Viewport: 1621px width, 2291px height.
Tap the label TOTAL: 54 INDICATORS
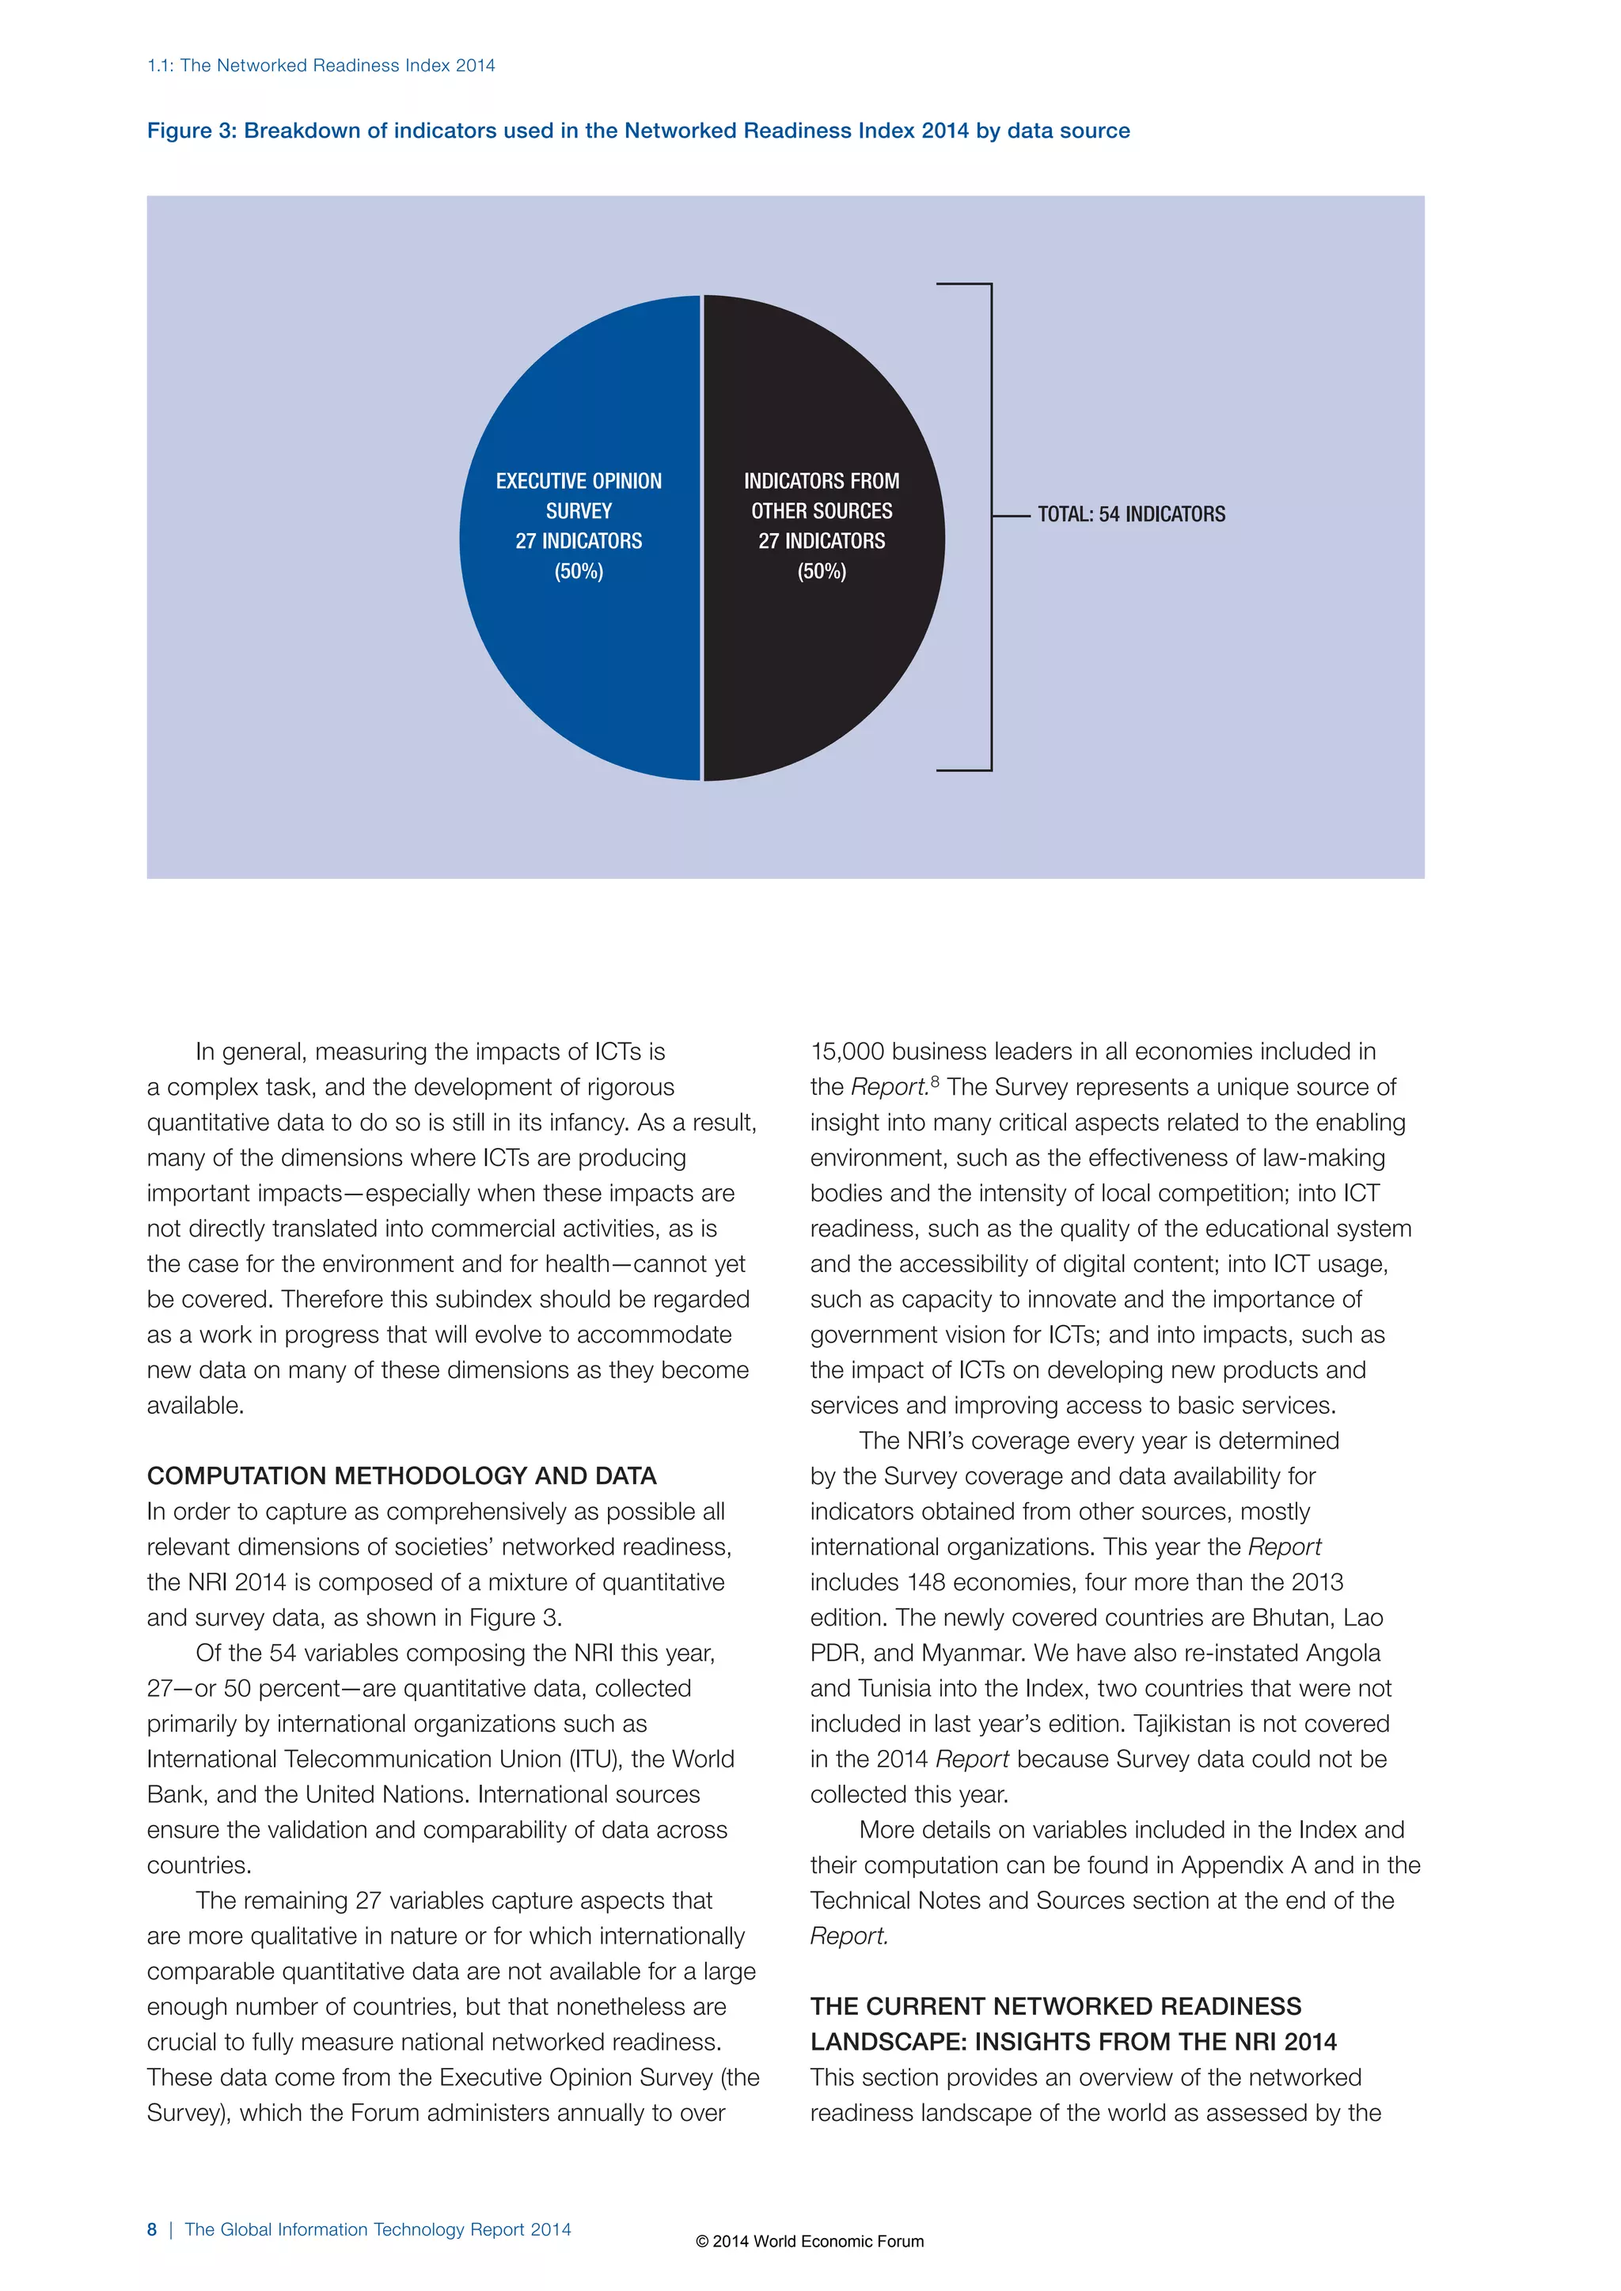pos(1131,515)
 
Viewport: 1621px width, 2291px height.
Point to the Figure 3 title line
pos(638,131)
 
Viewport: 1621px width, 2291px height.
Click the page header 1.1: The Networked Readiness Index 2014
pos(321,66)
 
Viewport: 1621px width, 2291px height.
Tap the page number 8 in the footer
pos(152,2229)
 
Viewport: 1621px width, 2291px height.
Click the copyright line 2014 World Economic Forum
pos(810,2241)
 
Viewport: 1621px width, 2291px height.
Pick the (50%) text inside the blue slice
pos(579,572)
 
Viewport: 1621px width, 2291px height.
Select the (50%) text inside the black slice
pos(822,572)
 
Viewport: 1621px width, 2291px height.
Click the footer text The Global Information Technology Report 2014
pos(378,2229)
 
